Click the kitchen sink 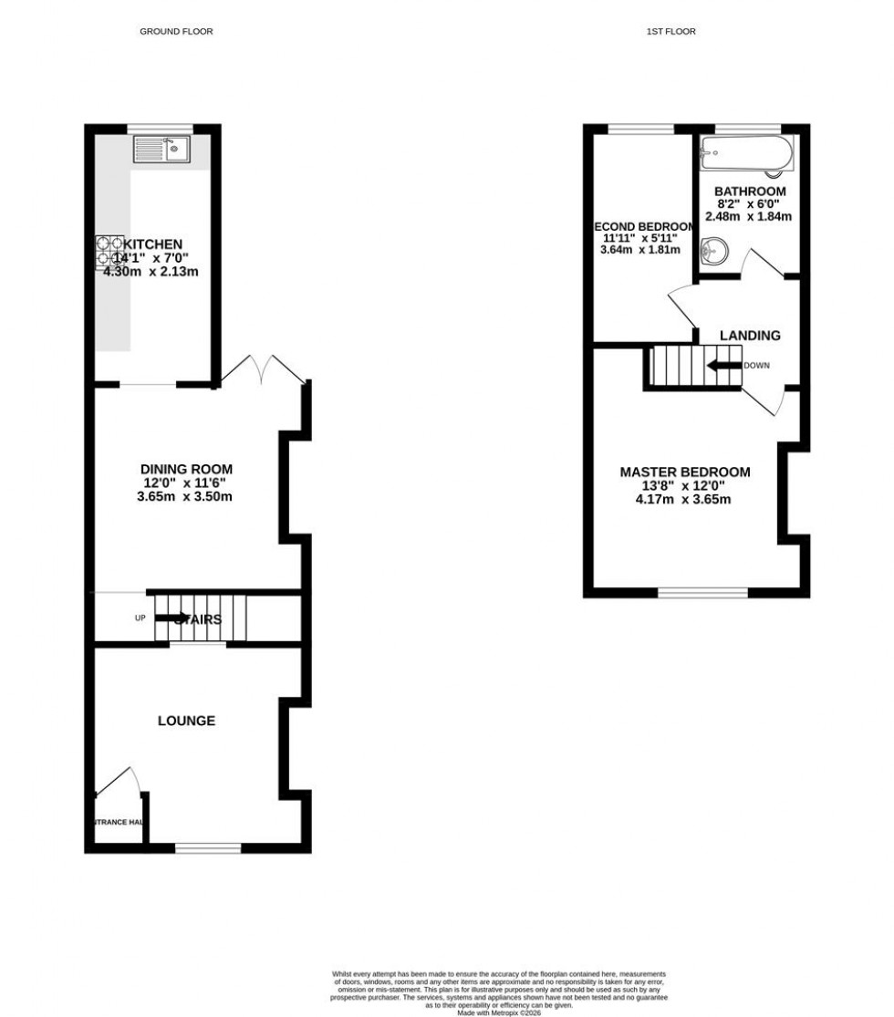(161, 149)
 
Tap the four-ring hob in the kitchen (109, 253)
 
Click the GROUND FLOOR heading (176, 32)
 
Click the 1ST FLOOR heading (670, 32)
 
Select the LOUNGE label (187, 721)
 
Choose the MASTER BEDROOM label (685, 472)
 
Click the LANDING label (750, 336)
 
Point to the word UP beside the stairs (140, 618)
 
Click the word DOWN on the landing (756, 366)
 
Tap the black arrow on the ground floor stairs (172, 617)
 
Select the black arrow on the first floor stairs (724, 366)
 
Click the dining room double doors (263, 369)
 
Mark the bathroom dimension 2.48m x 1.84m (748, 217)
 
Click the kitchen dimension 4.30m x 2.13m (151, 271)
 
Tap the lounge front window (208, 848)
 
